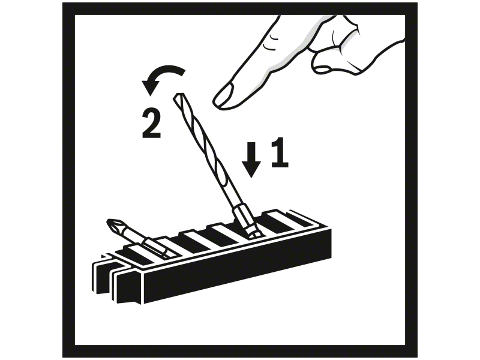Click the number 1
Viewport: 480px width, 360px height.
pyautogui.click(x=280, y=152)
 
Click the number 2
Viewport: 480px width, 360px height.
pyautogui.click(x=152, y=124)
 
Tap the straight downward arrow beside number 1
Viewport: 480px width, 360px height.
pyautogui.click(x=251, y=160)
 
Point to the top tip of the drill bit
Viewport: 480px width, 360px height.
pyautogui.click(x=179, y=94)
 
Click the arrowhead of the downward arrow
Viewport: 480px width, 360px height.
pyautogui.click(x=251, y=170)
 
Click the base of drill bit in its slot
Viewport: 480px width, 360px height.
pyautogui.click(x=254, y=233)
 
